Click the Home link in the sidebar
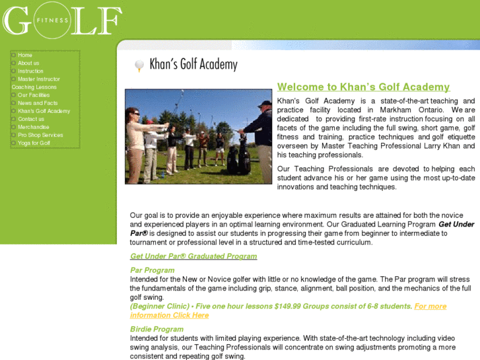(x=25, y=55)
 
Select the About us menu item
(x=28, y=63)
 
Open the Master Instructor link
(x=39, y=79)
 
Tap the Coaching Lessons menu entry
(x=34, y=87)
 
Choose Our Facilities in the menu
(x=34, y=95)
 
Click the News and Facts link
(x=38, y=103)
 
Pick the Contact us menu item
(x=31, y=119)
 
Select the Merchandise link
(x=34, y=127)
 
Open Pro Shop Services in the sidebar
(x=40, y=135)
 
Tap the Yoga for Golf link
(x=34, y=143)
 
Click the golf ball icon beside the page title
(x=139, y=65)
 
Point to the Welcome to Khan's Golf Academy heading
(x=363, y=87)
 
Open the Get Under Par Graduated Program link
(x=193, y=256)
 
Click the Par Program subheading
(x=153, y=270)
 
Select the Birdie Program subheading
(x=156, y=329)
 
